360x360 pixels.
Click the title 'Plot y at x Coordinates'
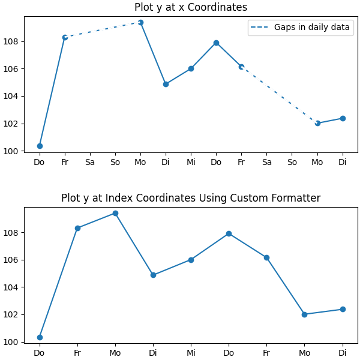point(190,8)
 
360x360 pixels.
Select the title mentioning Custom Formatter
point(190,199)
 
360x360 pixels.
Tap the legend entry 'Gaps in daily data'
point(311,28)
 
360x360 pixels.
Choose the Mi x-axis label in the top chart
point(191,163)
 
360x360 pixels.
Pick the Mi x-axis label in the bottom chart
point(191,353)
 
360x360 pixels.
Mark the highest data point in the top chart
point(140,23)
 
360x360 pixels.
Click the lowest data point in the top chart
point(40,146)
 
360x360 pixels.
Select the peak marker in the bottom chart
point(115,213)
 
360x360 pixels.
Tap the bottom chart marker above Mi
point(191,260)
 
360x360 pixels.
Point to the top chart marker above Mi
point(191,68)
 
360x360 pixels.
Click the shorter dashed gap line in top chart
point(103,30)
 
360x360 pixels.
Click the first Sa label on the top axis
point(90,163)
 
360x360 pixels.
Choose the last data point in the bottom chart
point(343,309)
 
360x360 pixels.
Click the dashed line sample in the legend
point(261,28)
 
